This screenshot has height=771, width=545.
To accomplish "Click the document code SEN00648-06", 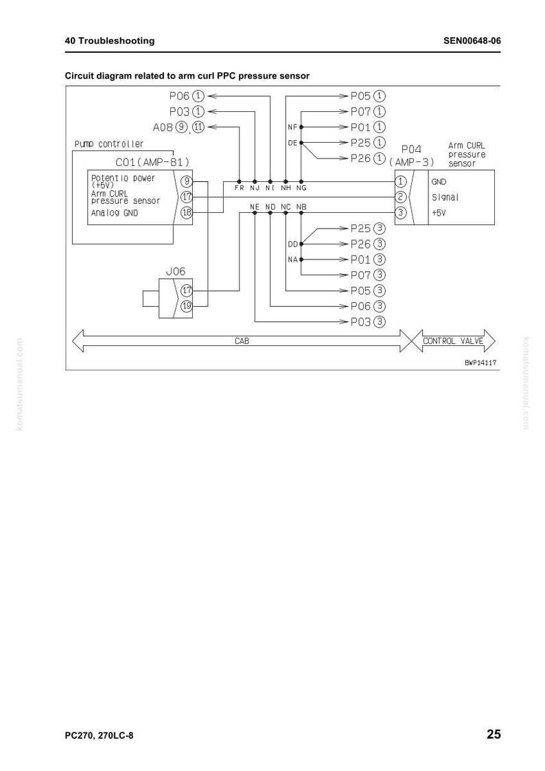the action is tap(472, 41).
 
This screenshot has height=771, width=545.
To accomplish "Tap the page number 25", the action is tap(494, 734).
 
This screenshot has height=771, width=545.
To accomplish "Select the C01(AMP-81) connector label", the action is tap(152, 162).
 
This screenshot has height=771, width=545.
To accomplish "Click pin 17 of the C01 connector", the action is tap(187, 196).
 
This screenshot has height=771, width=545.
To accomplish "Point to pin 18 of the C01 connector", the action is tap(187, 212).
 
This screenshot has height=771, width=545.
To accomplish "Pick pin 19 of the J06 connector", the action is tap(187, 306).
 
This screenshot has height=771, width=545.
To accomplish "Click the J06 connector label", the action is tap(176, 271).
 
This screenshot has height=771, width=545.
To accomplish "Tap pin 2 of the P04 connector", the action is tap(401, 196).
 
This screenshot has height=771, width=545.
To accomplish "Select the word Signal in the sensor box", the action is tap(445, 197).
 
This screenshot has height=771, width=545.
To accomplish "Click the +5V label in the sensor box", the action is tap(439, 213).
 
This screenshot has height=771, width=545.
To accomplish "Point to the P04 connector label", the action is tap(411, 149).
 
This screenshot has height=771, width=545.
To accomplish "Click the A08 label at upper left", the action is tap(163, 127).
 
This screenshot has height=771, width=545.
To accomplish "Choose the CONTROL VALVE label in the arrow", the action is tap(453, 341).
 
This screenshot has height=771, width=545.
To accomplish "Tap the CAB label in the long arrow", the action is tap(242, 341).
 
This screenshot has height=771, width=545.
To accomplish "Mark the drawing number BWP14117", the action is tap(480, 363).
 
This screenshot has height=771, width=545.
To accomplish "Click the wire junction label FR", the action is tap(240, 188).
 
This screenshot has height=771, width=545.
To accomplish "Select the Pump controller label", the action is tap(109, 144).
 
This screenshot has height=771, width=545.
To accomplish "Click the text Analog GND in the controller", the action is tap(115, 213).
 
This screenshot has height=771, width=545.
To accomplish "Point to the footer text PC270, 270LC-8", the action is tap(99, 735).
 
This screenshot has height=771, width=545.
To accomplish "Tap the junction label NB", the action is tap(302, 207).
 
